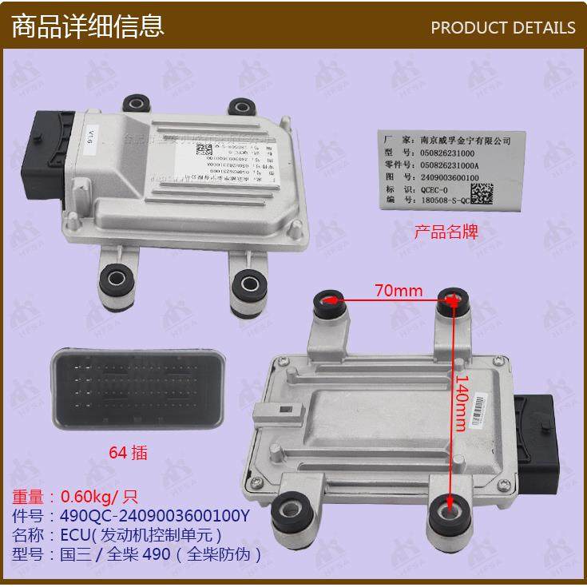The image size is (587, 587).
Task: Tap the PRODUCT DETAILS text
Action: [502, 27]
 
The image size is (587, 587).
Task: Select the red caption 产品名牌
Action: [445, 232]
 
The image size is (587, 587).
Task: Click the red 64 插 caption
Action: [128, 452]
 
